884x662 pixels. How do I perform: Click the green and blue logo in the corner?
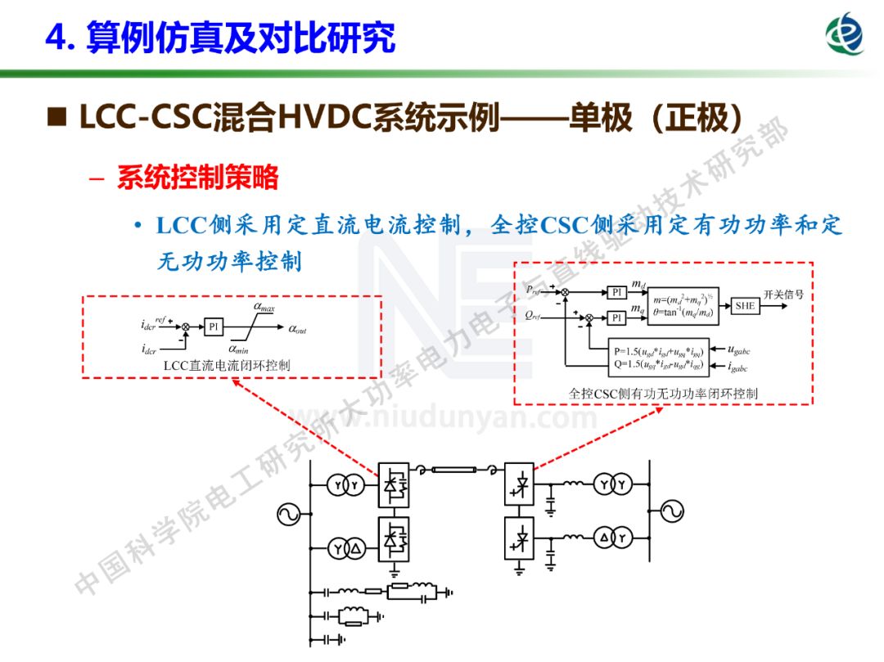(844, 34)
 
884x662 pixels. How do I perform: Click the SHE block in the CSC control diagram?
(745, 305)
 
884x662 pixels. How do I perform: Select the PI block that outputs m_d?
(617, 292)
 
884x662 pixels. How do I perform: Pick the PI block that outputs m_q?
(617, 317)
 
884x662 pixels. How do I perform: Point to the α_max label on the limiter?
(264, 308)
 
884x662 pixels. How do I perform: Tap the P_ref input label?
(533, 290)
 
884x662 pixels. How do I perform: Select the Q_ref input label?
(533, 316)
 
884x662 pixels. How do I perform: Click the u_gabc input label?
(732, 348)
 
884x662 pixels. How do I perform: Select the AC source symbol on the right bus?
(667, 512)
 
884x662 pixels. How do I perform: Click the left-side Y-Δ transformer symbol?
(345, 549)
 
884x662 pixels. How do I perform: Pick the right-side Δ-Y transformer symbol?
(613, 538)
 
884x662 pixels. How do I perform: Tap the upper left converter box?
(394, 484)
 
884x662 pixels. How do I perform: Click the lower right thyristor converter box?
(519, 538)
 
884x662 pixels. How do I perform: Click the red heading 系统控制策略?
(197, 178)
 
